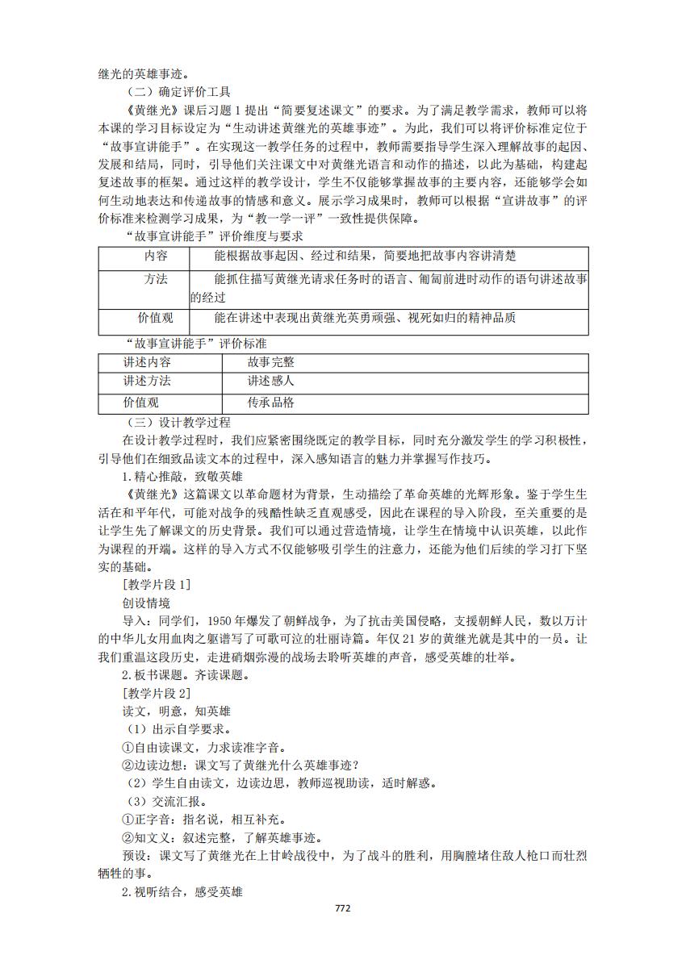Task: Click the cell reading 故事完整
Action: [x=271, y=362]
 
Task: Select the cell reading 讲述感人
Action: [x=271, y=382]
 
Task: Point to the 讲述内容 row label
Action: [x=147, y=362]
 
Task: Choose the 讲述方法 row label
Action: [x=147, y=382]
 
